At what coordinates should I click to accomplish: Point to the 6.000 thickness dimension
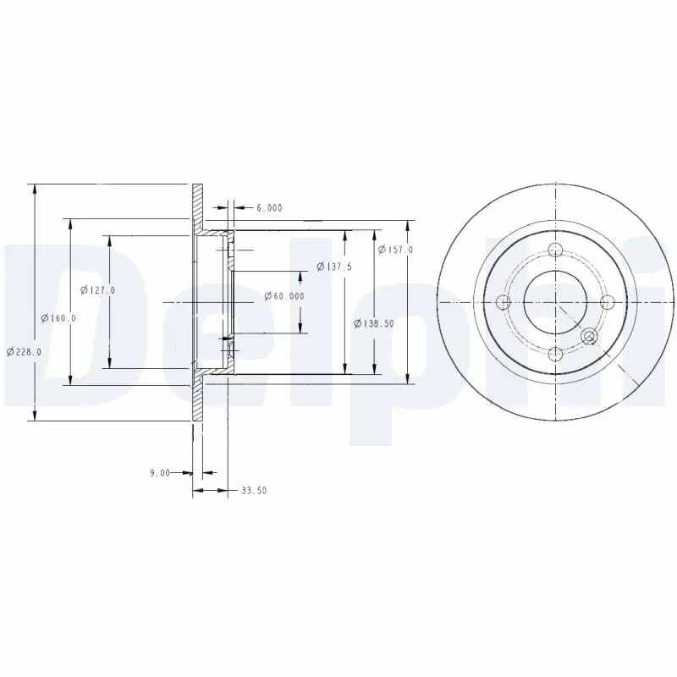pos(268,207)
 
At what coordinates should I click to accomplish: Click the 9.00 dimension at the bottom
pos(159,472)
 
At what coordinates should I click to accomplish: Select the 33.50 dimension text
pos(254,490)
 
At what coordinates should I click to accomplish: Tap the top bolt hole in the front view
pos(555,250)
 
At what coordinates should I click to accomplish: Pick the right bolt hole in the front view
pos(607,302)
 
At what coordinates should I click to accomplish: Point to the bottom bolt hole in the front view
pos(555,354)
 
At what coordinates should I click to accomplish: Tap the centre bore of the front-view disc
pos(555,302)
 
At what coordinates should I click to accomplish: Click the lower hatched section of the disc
pos(198,398)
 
